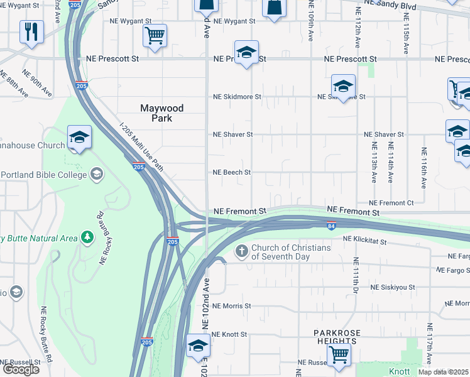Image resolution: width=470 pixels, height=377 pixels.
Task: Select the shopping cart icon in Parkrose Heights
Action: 339,354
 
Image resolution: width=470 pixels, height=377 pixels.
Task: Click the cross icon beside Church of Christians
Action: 241,252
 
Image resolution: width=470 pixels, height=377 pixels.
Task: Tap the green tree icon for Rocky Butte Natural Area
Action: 87,238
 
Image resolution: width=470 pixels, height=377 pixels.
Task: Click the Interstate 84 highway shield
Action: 331,225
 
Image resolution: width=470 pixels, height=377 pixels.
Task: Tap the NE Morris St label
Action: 231,306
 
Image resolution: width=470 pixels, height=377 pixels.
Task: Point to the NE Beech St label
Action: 232,172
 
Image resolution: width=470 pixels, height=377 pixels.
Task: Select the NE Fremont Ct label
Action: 391,203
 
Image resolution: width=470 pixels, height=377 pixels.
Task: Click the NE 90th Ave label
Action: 38,82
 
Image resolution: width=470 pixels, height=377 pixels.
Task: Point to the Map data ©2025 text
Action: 444,372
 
